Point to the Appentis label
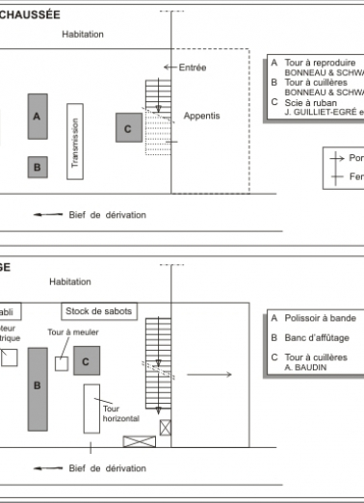coord(202,116)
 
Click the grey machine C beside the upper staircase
coord(128,127)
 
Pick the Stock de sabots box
coord(99,311)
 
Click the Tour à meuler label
coord(73,332)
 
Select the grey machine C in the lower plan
coord(87,361)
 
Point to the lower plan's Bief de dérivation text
coord(108,471)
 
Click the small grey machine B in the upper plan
coord(37,167)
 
